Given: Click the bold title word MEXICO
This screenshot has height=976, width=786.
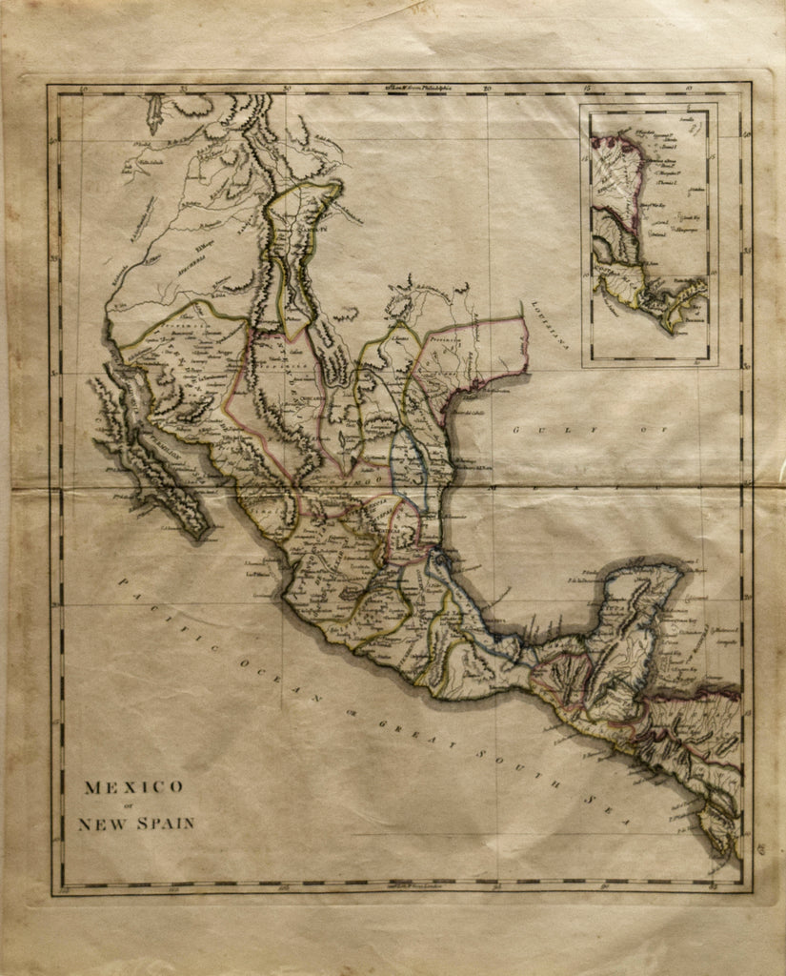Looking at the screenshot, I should pyautogui.click(x=133, y=787).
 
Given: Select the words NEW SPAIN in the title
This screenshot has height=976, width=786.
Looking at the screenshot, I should pyautogui.click(x=135, y=823).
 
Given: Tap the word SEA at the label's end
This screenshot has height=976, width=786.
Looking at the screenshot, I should pyautogui.click(x=604, y=807).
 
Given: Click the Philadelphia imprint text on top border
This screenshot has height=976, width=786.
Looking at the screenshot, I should pyautogui.click(x=419, y=87).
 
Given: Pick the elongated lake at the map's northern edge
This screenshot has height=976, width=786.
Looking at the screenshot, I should pyautogui.click(x=153, y=114).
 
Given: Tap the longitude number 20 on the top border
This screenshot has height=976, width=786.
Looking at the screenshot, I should pyautogui.click(x=489, y=90).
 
